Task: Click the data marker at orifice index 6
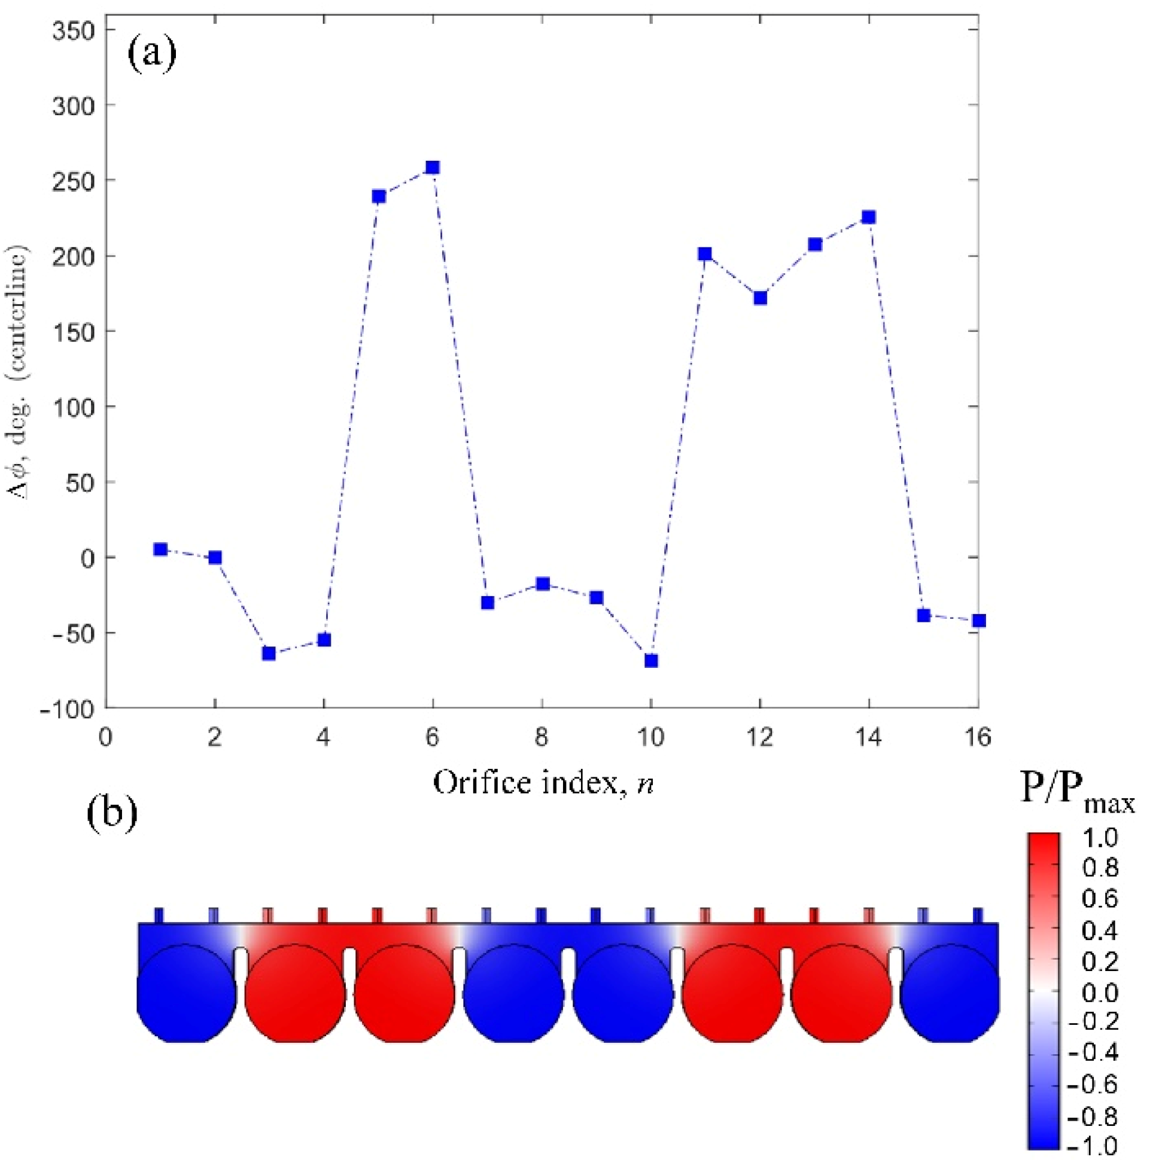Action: coord(433,167)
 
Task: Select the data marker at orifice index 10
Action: coord(651,661)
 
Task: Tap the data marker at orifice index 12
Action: coord(760,298)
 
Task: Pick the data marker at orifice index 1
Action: coord(160,550)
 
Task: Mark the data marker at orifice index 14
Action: coord(869,216)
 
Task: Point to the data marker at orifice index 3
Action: coord(269,654)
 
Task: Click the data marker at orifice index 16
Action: coord(979,620)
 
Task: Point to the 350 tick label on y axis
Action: coord(74,30)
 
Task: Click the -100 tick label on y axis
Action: coord(67,710)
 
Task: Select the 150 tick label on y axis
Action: coord(74,332)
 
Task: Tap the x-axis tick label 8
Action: coord(542,737)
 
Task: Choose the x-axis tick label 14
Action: coord(868,737)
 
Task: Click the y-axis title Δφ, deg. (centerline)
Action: coord(18,373)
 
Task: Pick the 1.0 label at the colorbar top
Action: coord(1100,838)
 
